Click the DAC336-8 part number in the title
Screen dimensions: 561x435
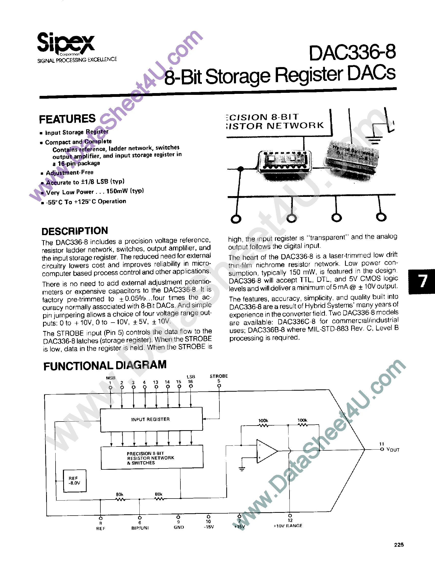352,53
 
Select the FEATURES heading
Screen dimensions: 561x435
67,119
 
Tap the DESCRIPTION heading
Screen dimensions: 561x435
75,231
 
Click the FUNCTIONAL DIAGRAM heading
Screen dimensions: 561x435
105,365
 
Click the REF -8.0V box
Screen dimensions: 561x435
75,481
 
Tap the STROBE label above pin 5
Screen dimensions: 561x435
219,376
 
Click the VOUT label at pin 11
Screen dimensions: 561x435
393,450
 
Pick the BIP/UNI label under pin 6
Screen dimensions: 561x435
140,528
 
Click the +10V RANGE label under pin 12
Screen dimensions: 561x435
288,526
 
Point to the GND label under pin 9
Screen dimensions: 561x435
179,527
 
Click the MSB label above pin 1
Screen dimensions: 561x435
111,378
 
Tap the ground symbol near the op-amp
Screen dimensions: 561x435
242,469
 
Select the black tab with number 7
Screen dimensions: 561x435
422,281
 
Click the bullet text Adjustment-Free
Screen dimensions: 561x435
70,172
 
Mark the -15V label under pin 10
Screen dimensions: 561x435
208,527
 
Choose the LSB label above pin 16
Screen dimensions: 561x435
191,377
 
